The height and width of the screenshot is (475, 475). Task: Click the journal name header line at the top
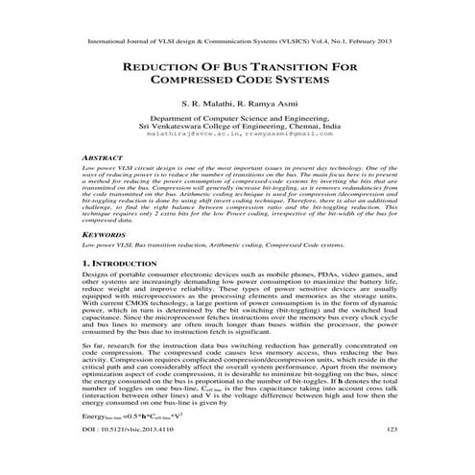pyautogui.click(x=237, y=42)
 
